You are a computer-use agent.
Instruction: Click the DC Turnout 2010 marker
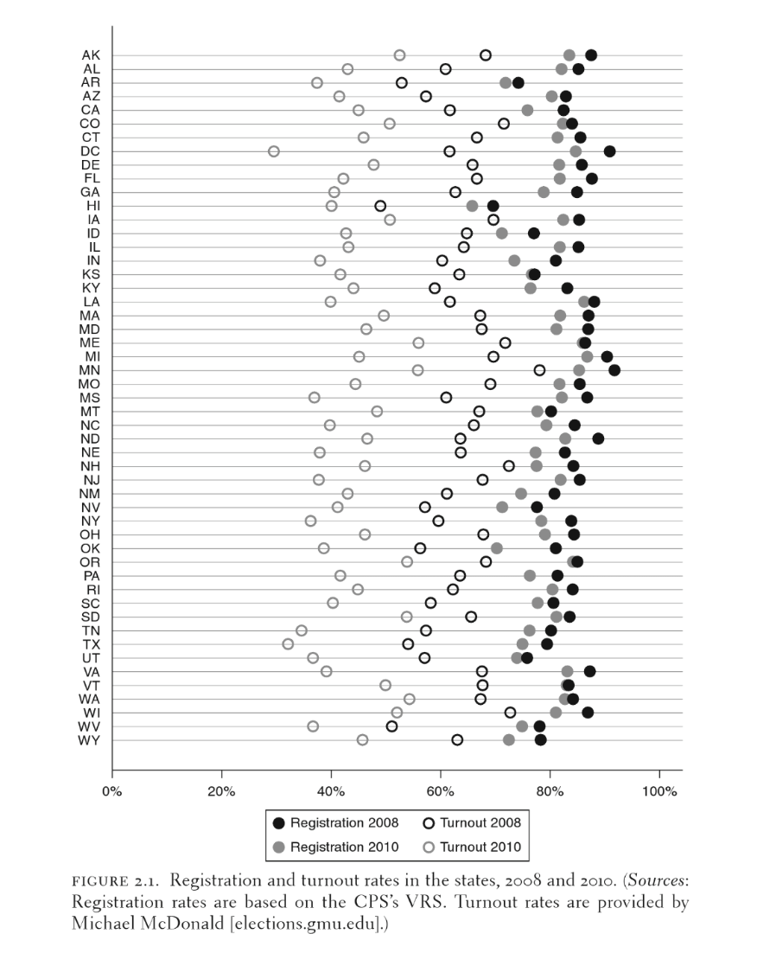274,151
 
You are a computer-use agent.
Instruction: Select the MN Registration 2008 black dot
614,370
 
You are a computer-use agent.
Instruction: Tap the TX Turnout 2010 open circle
288,644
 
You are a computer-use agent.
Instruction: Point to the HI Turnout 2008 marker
380,206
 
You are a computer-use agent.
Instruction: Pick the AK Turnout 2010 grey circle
399,55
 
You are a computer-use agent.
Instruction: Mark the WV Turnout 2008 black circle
391,726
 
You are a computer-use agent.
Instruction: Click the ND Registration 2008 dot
598,438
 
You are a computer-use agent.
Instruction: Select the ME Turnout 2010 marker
418,343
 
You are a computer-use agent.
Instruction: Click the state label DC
90,151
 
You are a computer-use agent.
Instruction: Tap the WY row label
89,740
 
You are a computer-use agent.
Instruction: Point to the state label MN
89,370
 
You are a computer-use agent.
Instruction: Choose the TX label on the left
91,644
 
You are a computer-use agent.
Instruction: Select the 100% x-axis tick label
660,791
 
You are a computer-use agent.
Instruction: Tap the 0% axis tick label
112,791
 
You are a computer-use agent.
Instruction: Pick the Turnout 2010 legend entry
472,847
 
